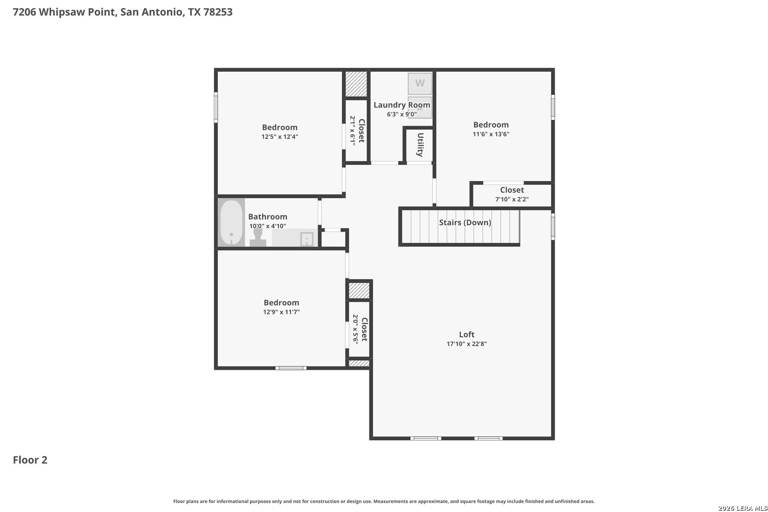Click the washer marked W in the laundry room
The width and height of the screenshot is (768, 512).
pyautogui.click(x=420, y=83)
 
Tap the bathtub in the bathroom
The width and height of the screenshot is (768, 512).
pyautogui.click(x=231, y=222)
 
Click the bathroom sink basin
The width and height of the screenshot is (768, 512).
pyautogui.click(x=307, y=239)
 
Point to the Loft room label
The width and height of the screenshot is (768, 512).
pyautogui.click(x=466, y=334)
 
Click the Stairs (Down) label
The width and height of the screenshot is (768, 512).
pyautogui.click(x=465, y=222)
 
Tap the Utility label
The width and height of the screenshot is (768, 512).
pyautogui.click(x=420, y=145)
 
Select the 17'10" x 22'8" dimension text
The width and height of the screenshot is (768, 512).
pyautogui.click(x=466, y=344)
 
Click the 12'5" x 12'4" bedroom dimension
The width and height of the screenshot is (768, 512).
pyautogui.click(x=280, y=137)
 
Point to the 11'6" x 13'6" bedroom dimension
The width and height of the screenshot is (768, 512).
pyautogui.click(x=491, y=134)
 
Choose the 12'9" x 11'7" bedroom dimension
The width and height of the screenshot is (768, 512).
pyautogui.click(x=282, y=312)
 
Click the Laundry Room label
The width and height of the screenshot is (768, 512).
pyautogui.click(x=402, y=105)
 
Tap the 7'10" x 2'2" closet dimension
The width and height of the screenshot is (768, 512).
pyautogui.click(x=512, y=199)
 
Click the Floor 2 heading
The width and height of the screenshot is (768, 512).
pyautogui.click(x=30, y=460)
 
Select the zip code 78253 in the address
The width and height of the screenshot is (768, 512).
pyautogui.click(x=218, y=12)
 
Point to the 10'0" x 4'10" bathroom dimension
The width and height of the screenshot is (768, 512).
pyautogui.click(x=267, y=226)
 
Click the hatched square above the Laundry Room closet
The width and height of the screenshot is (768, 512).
pyautogui.click(x=356, y=84)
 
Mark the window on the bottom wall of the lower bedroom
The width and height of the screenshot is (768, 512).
pyautogui.click(x=291, y=368)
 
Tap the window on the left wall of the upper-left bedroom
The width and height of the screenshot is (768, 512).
pyautogui.click(x=216, y=107)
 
